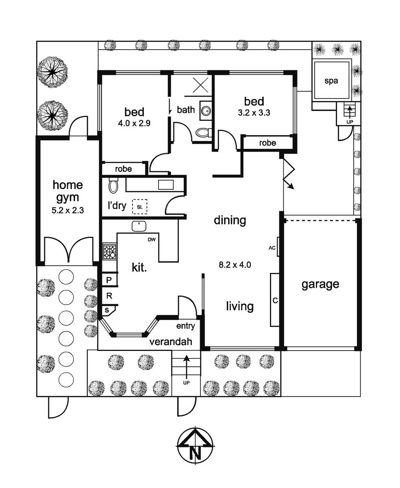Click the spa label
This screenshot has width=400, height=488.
point(331,81)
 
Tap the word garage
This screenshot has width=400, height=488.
point(320,284)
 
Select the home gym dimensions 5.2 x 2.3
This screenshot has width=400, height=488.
point(67,210)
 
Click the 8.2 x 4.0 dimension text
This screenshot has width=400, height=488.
point(235,265)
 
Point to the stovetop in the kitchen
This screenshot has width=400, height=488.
point(109,251)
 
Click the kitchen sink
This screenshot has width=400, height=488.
point(139,226)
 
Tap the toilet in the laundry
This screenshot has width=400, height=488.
point(113,185)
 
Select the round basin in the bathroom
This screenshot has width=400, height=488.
point(205,111)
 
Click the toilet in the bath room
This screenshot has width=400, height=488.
point(203,133)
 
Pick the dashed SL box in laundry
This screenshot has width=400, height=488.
point(140,207)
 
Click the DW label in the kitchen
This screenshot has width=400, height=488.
point(152,240)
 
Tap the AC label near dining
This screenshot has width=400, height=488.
point(272,248)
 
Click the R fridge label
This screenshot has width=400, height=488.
point(109,296)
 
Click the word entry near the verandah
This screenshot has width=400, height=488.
point(185,326)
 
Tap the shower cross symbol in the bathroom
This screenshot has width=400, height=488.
point(200,85)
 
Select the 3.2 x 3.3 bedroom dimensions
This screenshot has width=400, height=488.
point(254,113)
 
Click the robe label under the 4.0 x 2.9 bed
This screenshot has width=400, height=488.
point(123,169)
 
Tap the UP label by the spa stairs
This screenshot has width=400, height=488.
point(350,122)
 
